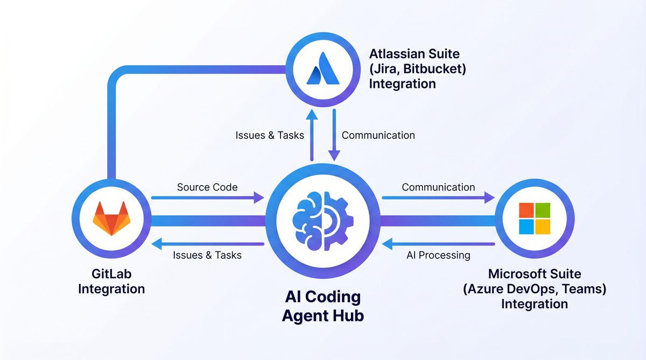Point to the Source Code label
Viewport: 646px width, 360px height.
pyautogui.click(x=207, y=187)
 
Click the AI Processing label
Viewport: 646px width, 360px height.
pyautogui.click(x=438, y=255)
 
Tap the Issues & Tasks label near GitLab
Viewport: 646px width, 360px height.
pyautogui.click(x=207, y=255)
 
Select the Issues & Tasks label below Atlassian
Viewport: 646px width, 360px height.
pyautogui.click(x=270, y=135)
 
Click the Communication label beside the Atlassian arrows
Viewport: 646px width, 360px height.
pyautogui.click(x=378, y=135)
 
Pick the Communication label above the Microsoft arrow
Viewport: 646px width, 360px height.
pyautogui.click(x=438, y=187)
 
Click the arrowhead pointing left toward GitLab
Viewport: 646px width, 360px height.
pyautogui.click(x=156, y=245)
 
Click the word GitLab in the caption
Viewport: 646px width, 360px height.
pyautogui.click(x=111, y=274)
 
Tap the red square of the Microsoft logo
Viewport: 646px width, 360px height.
pyautogui.click(x=526, y=210)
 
